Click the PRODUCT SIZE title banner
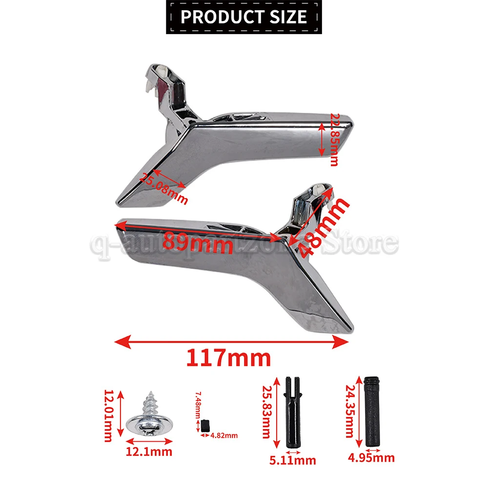[244, 17]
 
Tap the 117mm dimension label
[228, 359]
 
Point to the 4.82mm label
[224, 435]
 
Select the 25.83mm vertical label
[266, 411]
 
